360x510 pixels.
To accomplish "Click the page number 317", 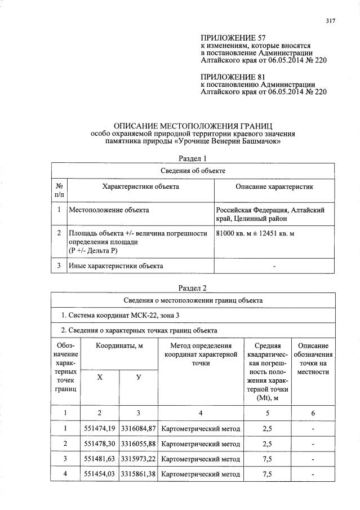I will click(330, 21).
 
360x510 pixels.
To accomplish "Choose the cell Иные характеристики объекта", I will click(115, 265).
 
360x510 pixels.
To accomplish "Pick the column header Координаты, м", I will click(118, 345).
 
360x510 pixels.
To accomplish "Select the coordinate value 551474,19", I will click(99, 429).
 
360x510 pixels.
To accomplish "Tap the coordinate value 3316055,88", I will click(138, 444).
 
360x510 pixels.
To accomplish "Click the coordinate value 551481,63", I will click(99, 459).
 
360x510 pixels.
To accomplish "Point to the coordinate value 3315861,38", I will click(138, 474).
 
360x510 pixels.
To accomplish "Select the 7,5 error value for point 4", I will click(268, 474).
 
